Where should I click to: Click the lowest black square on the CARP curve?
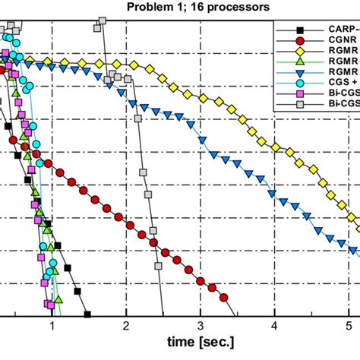(87, 293)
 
